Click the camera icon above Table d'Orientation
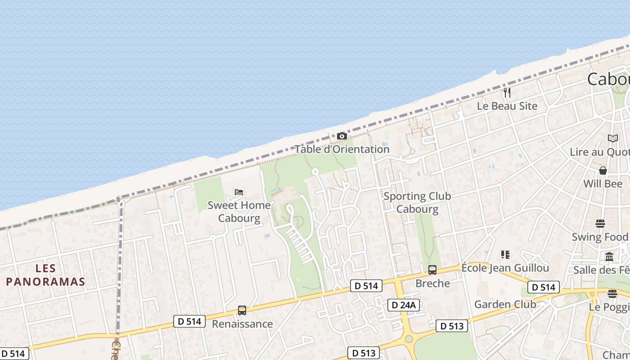(x=342, y=136)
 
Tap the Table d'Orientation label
(x=342, y=149)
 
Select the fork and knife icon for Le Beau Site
(x=507, y=93)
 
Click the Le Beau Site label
(x=507, y=106)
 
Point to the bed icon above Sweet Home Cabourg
(x=239, y=192)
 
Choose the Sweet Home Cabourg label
(x=239, y=211)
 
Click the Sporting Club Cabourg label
(x=417, y=202)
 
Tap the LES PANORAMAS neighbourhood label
(x=45, y=275)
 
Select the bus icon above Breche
(x=432, y=270)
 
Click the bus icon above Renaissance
(x=242, y=310)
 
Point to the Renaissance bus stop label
(x=242, y=324)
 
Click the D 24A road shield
(x=404, y=305)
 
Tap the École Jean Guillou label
(x=505, y=268)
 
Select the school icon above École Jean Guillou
(x=505, y=255)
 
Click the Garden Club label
(x=505, y=304)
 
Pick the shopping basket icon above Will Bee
(x=603, y=171)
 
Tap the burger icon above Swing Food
(x=600, y=224)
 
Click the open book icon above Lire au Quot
(x=613, y=138)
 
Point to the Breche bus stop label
(x=432, y=283)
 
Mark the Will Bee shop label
(x=603, y=184)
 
